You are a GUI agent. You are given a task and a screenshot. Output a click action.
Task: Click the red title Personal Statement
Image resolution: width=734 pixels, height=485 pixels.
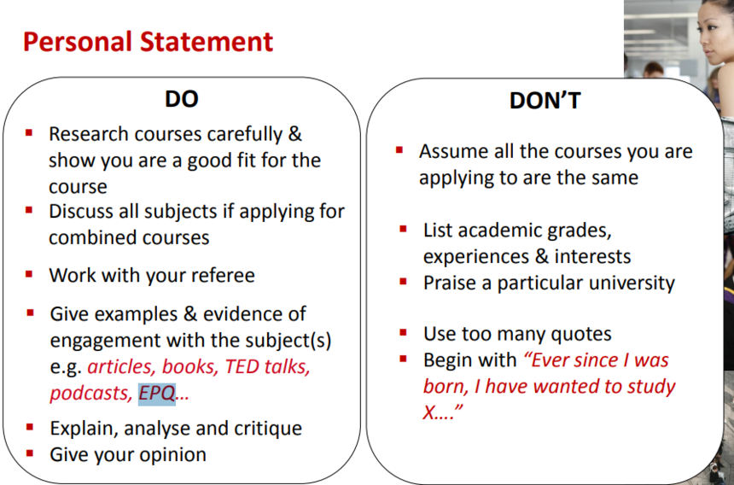click(148, 42)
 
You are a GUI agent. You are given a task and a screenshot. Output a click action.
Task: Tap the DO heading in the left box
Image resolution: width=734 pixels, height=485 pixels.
click(182, 99)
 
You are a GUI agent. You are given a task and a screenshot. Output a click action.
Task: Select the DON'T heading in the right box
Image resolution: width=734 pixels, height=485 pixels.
click(545, 100)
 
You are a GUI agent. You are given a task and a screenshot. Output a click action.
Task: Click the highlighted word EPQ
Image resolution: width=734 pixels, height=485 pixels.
click(157, 394)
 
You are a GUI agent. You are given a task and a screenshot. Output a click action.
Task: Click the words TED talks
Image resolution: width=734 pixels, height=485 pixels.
click(267, 366)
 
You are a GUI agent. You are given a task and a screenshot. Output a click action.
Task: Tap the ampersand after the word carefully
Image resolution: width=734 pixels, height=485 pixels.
click(295, 134)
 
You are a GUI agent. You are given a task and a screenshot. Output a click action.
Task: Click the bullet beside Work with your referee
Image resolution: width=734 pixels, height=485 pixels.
click(29, 274)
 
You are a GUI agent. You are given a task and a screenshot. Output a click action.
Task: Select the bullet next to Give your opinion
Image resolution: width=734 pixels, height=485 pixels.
click(30, 453)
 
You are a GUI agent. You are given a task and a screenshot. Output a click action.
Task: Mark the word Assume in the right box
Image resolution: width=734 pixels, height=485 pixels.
click(447, 152)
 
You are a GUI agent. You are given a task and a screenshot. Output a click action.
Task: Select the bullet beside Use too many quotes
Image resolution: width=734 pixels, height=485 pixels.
click(403, 333)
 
